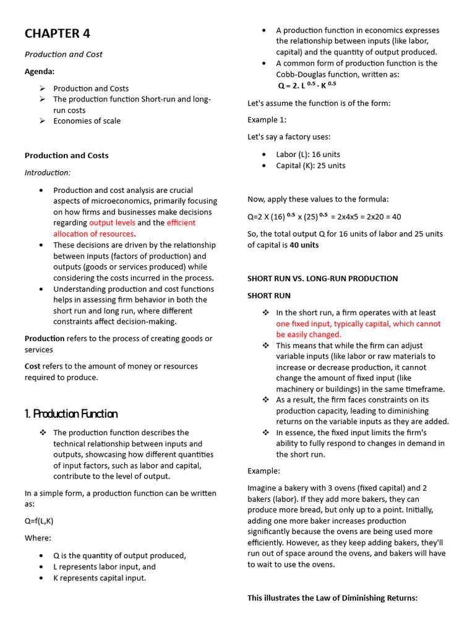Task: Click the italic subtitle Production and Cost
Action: (63, 54)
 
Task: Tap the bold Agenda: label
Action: (40, 72)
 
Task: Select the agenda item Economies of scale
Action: (87, 121)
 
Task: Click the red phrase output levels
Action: (111, 223)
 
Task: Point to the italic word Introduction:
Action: (47, 173)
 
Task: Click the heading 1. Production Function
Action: (71, 414)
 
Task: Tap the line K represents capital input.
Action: (100, 578)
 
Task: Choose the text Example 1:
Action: (267, 120)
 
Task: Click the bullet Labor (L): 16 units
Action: (308, 155)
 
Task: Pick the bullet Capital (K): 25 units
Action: (310, 166)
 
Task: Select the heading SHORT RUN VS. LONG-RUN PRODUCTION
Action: (322, 279)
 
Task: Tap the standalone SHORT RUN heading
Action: (268, 296)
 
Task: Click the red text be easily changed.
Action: (309, 334)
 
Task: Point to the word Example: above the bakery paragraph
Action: (263, 471)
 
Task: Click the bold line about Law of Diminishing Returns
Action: (332, 598)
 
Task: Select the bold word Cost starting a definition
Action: (32, 367)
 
